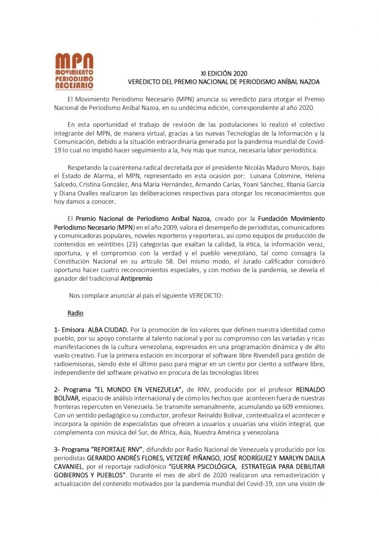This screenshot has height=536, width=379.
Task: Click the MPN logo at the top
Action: click(x=74, y=71)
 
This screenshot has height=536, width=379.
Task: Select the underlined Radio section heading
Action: click(x=75, y=313)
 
